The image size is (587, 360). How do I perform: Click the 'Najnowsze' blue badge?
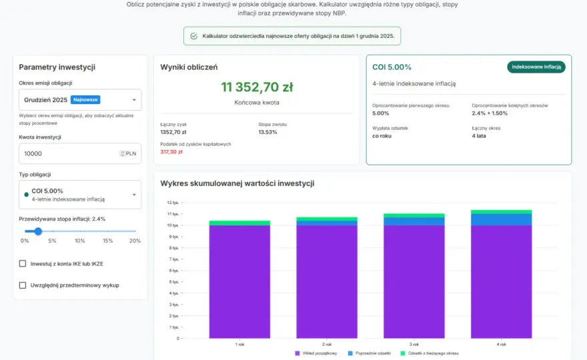85,99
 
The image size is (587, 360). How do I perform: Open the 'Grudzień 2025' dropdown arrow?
134,100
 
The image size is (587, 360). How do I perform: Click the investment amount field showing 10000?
80,153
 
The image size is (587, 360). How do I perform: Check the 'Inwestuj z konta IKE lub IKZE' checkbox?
23,263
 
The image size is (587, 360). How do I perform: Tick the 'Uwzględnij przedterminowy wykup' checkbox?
23,285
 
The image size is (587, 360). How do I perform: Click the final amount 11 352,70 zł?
257,87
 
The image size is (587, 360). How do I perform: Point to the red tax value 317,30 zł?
171,152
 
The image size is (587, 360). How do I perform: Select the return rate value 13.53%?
267,132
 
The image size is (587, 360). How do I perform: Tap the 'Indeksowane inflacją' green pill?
536,67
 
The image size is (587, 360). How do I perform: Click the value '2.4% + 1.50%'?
490,113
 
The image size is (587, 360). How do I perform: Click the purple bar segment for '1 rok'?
239,282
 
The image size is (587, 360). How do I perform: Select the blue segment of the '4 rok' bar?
501,220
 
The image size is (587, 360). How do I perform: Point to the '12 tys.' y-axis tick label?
173,203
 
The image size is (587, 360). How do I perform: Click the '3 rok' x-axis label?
414,344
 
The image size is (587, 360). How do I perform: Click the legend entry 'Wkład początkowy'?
316,353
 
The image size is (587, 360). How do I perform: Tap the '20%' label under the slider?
135,241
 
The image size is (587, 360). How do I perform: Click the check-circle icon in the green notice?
194,36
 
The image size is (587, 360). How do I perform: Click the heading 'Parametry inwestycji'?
57,67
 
